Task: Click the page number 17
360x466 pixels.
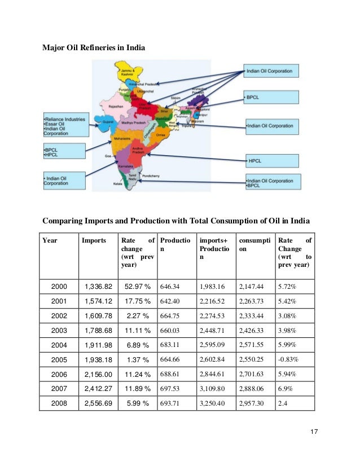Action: (x=315, y=432)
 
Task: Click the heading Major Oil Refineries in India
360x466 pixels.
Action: (x=94, y=48)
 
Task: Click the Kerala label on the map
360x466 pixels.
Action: (x=117, y=183)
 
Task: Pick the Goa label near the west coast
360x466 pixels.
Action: (x=108, y=153)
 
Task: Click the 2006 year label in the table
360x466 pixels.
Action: (x=59, y=373)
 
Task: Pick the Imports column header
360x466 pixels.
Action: (x=94, y=240)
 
